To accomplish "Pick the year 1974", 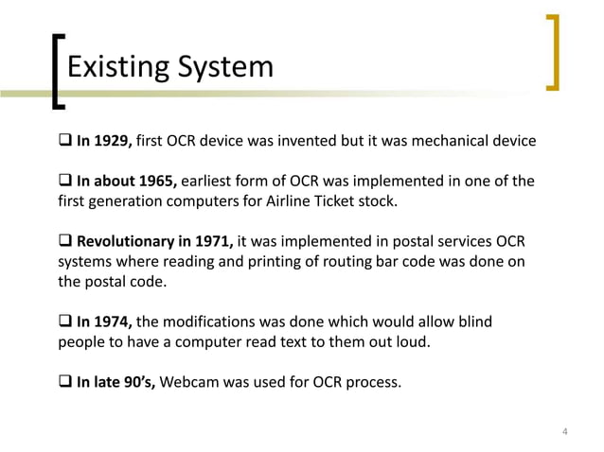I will pos(115,322).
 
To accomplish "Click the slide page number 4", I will pos(564,433).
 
